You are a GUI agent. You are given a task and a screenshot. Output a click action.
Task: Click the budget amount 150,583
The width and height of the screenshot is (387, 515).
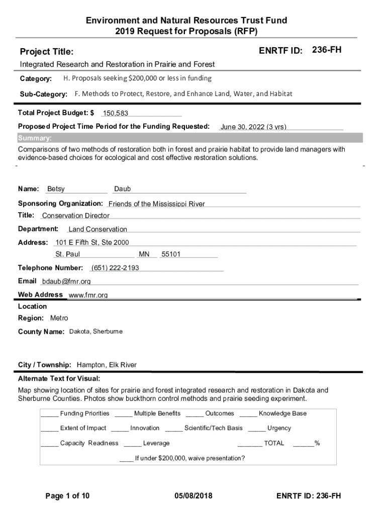[116, 114]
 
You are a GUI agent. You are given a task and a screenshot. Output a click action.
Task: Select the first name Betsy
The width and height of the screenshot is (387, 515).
[56, 189]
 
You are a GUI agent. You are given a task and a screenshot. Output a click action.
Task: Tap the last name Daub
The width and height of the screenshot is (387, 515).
[123, 189]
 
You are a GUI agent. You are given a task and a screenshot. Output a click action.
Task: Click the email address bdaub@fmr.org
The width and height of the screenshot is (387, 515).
[66, 282]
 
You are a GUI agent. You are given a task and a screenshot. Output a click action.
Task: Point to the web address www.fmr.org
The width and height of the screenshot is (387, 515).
[88, 295]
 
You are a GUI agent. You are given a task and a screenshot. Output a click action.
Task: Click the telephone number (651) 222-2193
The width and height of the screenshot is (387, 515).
[115, 268]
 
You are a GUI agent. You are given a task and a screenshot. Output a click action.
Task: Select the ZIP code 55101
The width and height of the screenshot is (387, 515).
[171, 254]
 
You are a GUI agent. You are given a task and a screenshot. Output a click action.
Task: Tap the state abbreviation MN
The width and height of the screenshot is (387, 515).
[144, 254]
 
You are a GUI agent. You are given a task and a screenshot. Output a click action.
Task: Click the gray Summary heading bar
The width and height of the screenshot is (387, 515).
[190, 138]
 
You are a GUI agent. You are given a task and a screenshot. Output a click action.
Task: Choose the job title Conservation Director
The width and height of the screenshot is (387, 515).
[76, 216]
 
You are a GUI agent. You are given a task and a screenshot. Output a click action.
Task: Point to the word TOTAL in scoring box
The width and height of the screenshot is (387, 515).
[274, 443]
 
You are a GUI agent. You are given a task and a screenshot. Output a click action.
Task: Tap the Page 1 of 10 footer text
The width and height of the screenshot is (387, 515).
[67, 496]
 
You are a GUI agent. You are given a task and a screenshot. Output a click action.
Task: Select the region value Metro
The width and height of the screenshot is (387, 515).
[59, 318]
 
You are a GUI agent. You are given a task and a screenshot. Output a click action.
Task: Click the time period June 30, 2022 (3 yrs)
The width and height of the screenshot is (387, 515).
[253, 127]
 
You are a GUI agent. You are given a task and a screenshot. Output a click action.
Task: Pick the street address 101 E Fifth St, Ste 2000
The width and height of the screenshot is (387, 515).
[92, 242]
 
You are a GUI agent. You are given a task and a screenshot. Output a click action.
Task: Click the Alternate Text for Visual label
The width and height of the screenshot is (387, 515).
[59, 378]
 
